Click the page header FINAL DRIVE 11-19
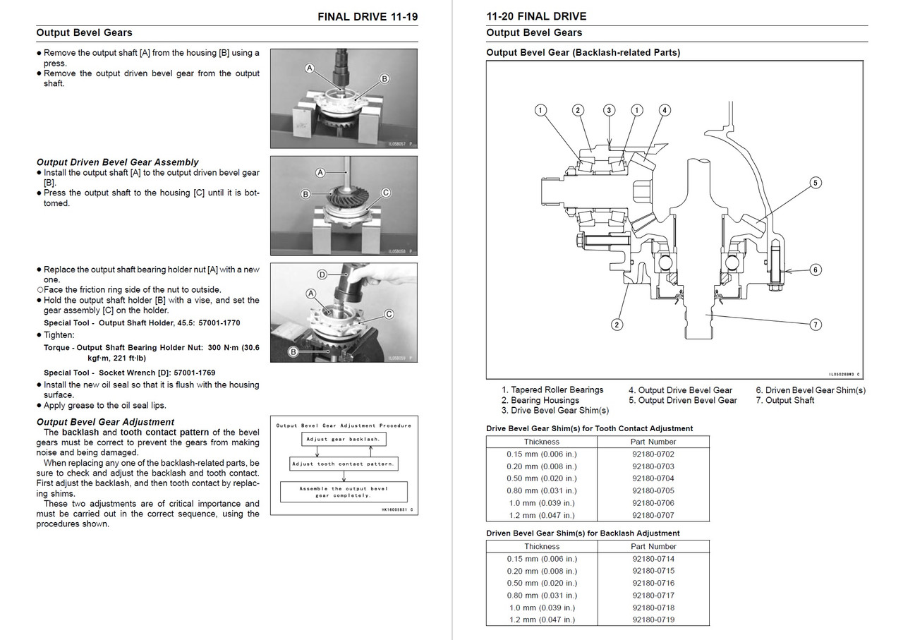pyautogui.click(x=368, y=16)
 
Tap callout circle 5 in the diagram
pyautogui.click(x=815, y=183)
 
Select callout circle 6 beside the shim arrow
pyautogui.click(x=815, y=270)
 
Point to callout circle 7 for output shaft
pyautogui.click(x=815, y=325)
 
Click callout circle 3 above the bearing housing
pyautogui.click(x=609, y=110)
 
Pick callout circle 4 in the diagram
pyautogui.click(x=665, y=110)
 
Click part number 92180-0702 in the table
pyautogui.click(x=653, y=454)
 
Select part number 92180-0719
pyautogui.click(x=653, y=620)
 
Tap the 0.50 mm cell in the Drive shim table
pyautogui.click(x=541, y=478)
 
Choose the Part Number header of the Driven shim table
pyautogui.click(x=653, y=546)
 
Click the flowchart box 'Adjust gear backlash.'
pyautogui.click(x=344, y=439)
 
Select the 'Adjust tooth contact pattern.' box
pyautogui.click(x=344, y=464)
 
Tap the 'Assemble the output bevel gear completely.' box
pyautogui.click(x=344, y=492)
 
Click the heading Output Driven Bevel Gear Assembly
pyautogui.click(x=117, y=162)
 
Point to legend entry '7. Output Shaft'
pyautogui.click(x=785, y=401)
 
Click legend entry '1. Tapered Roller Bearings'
pyautogui.click(x=552, y=390)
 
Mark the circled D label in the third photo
pyautogui.click(x=322, y=275)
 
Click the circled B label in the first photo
pyautogui.click(x=384, y=78)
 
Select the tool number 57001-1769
pyautogui.click(x=194, y=373)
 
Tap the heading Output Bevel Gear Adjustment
pyautogui.click(x=105, y=422)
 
